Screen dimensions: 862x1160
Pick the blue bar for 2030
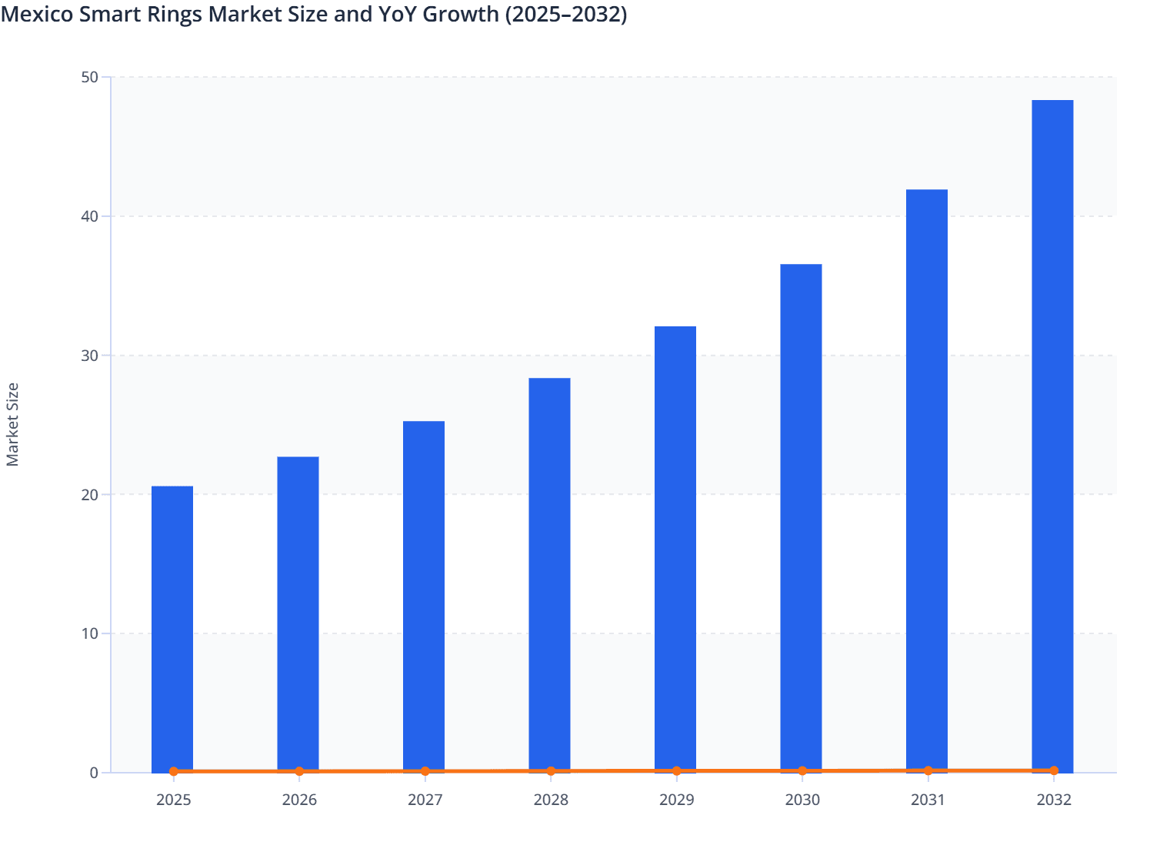pos(801,516)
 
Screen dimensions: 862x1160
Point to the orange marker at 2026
pos(299,771)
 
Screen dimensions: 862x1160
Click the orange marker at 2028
pos(551,771)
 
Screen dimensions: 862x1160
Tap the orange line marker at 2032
pos(1054,770)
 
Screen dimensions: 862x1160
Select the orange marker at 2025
pos(174,771)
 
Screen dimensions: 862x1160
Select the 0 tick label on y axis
pos(94,773)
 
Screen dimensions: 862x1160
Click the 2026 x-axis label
pos(299,800)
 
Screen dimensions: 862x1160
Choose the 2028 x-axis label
pos(551,800)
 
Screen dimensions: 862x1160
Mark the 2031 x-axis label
pos(928,800)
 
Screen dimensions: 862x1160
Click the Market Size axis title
pos(13,425)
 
